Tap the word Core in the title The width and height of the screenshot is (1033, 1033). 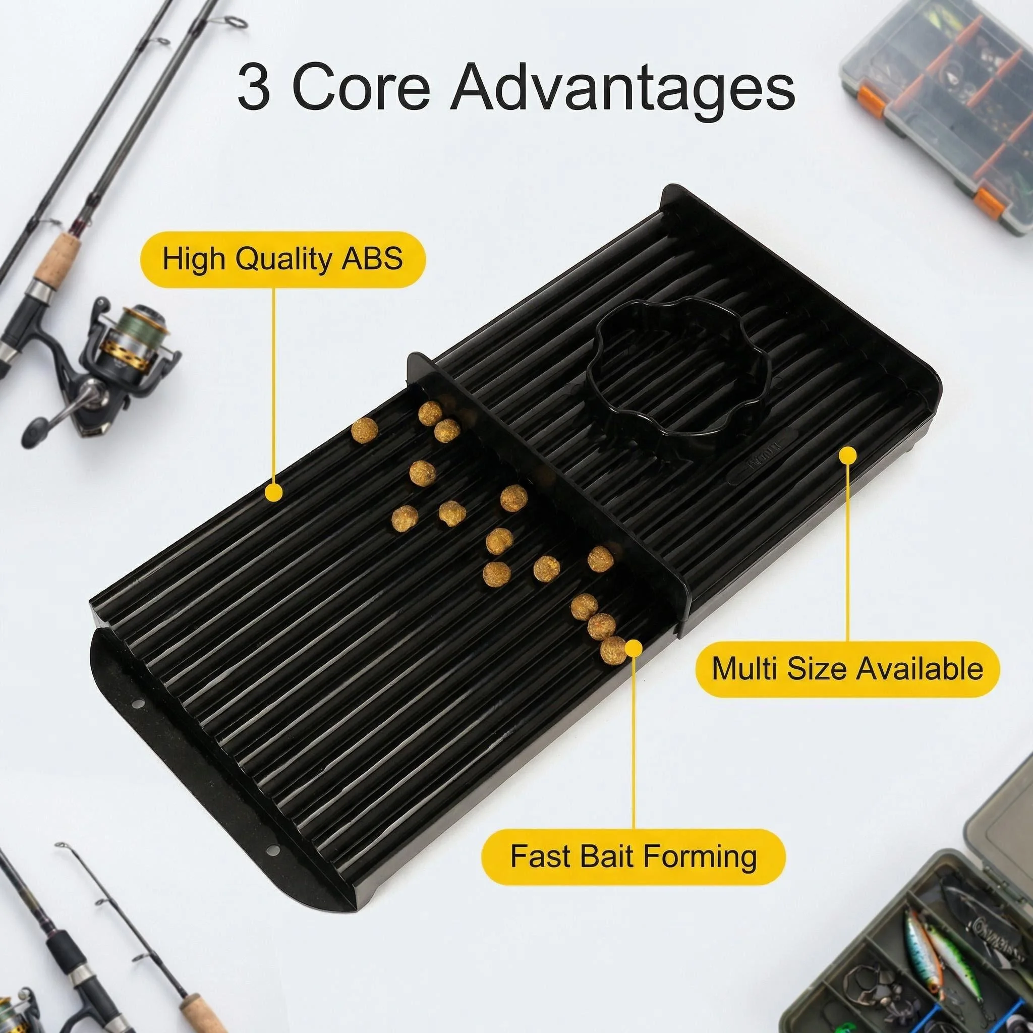click(x=361, y=87)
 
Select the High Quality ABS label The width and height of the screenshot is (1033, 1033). click(x=283, y=259)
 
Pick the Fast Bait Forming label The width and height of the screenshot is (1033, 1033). click(x=634, y=856)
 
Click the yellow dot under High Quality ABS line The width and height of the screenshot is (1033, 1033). click(x=274, y=492)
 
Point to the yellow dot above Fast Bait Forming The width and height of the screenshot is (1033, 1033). click(x=634, y=649)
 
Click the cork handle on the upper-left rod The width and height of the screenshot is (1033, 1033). click(x=56, y=260)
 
